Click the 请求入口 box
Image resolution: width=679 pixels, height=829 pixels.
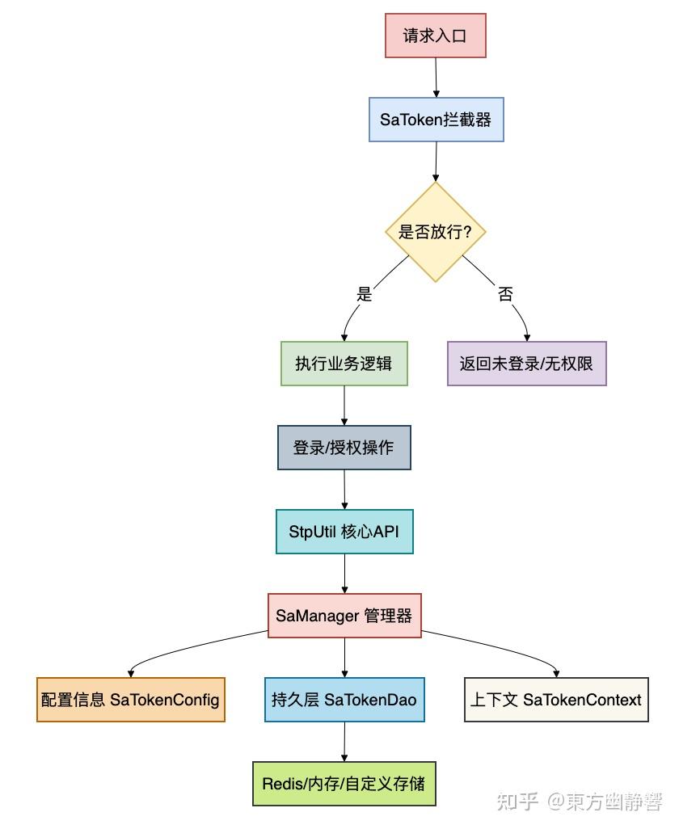pyautogui.click(x=435, y=36)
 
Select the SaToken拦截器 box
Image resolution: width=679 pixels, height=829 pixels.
pyautogui.click(x=436, y=120)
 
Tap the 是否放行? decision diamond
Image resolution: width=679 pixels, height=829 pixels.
pyautogui.click(x=436, y=232)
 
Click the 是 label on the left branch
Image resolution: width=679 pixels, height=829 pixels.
pyautogui.click(x=365, y=294)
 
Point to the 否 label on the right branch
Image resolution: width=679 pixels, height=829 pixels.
pyautogui.click(x=505, y=294)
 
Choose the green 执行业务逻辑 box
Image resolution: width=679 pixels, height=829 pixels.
pyautogui.click(x=344, y=364)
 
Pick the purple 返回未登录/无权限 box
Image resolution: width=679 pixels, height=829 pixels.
pyautogui.click(x=526, y=364)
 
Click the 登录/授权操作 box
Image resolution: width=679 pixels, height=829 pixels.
pyautogui.click(x=344, y=448)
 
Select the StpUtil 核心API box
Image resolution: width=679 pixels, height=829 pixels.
pyautogui.click(x=344, y=532)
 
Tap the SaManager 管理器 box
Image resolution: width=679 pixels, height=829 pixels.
pyautogui.click(x=344, y=616)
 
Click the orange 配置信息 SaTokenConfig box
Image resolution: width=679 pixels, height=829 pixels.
pyautogui.click(x=131, y=700)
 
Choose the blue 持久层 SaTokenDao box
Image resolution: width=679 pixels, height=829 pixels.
pyautogui.click(x=344, y=700)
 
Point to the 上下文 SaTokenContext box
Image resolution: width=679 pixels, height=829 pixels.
pyautogui.click(x=556, y=700)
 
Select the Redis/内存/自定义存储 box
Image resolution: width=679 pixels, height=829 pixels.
pyautogui.click(x=344, y=784)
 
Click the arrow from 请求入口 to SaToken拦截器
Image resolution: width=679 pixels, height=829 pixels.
pyautogui.click(x=436, y=78)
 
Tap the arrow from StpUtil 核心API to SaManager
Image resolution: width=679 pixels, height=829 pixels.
pyautogui.click(x=345, y=574)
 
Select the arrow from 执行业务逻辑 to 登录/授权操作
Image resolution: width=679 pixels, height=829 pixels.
pyautogui.click(x=344, y=406)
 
